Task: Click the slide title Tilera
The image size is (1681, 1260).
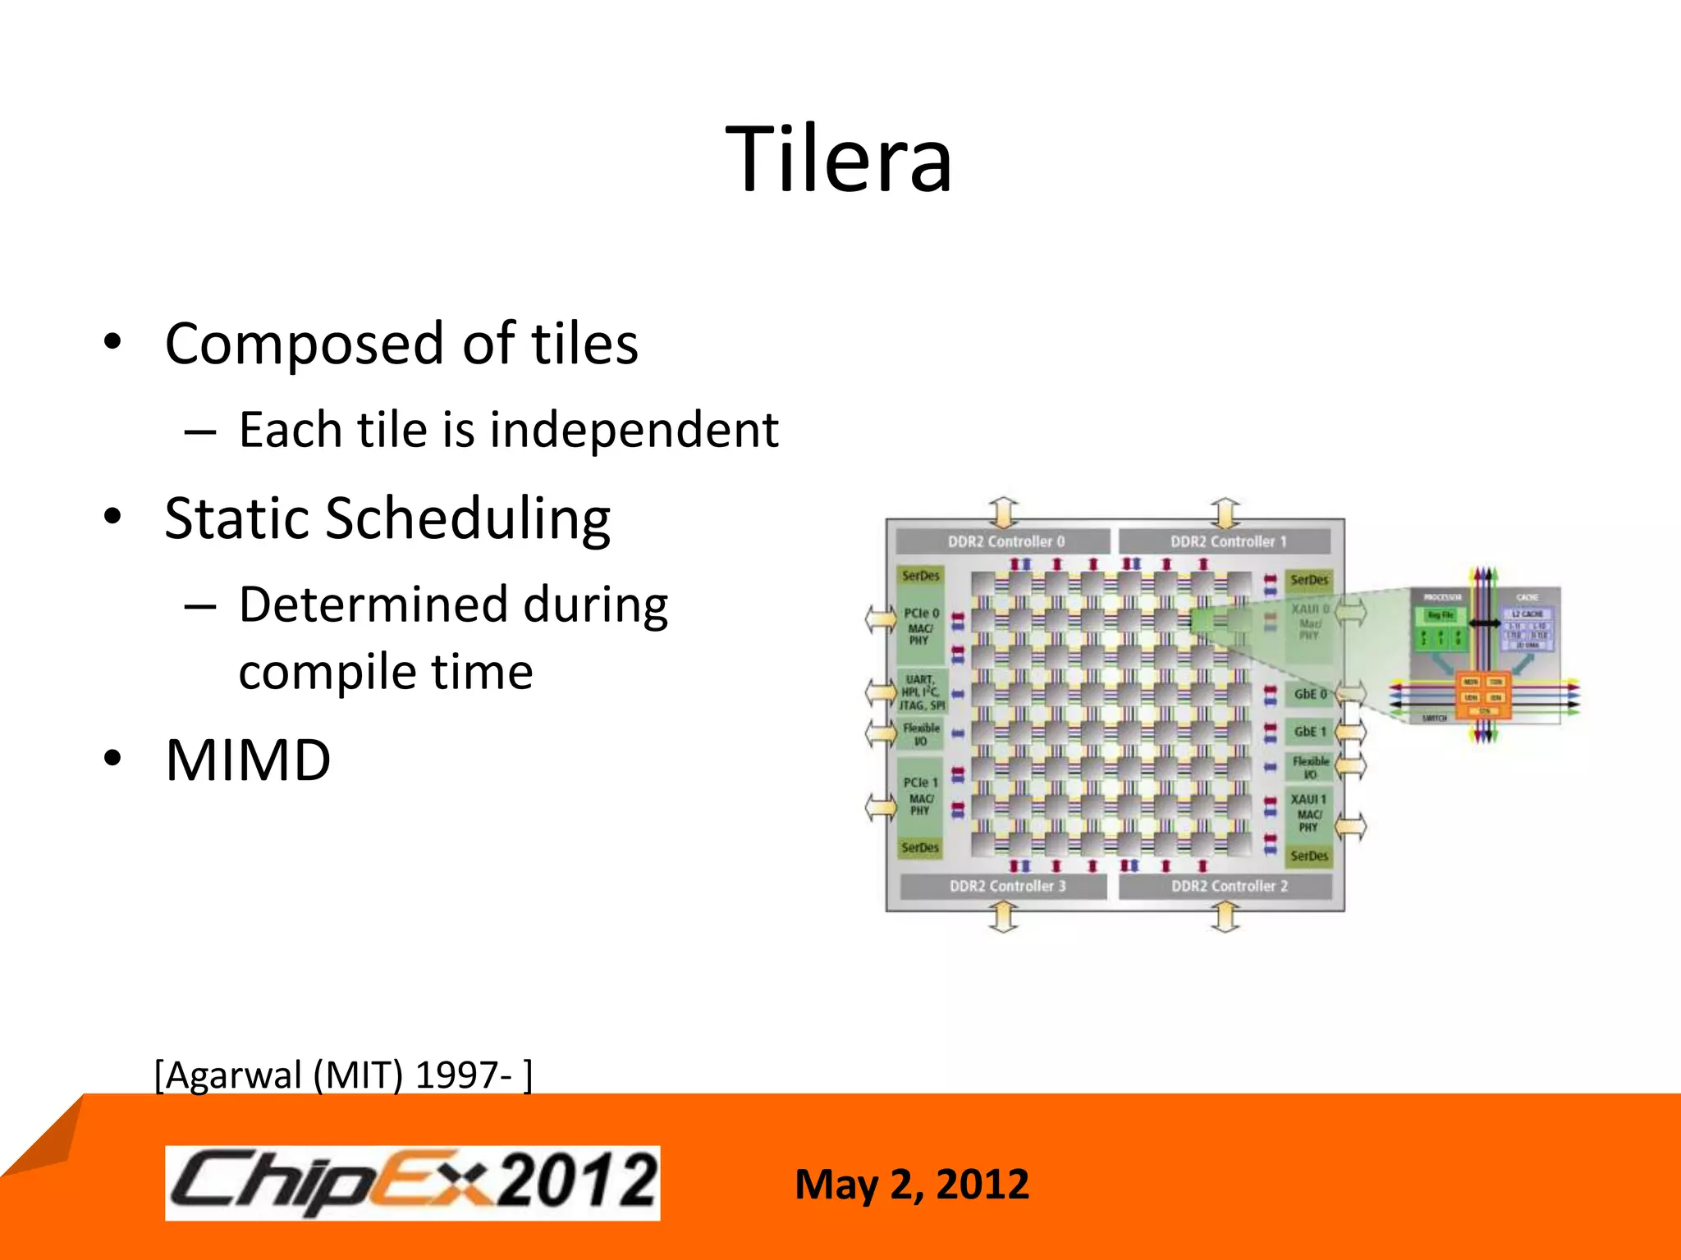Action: click(x=839, y=160)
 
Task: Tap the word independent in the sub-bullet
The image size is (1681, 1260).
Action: click(x=634, y=430)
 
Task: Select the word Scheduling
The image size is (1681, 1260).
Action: click(x=468, y=520)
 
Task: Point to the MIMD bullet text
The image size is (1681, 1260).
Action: click(x=248, y=760)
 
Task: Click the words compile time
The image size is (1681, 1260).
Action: click(x=386, y=673)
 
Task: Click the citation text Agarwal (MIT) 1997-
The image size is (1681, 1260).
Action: click(x=343, y=1075)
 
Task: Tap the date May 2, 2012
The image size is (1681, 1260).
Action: click(x=911, y=1185)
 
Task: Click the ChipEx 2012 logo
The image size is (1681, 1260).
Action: click(x=412, y=1183)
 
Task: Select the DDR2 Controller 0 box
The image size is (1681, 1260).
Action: click(x=1005, y=541)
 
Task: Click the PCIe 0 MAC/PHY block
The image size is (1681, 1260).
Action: click(x=921, y=627)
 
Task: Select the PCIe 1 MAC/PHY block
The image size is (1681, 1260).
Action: click(x=921, y=796)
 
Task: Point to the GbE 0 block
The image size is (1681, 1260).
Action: click(x=1309, y=694)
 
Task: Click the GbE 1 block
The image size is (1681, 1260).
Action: click(x=1309, y=731)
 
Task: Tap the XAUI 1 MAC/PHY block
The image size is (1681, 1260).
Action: click(x=1308, y=812)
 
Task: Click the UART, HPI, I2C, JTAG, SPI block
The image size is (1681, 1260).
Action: click(x=922, y=692)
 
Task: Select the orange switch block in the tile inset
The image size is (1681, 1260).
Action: click(x=1482, y=696)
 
